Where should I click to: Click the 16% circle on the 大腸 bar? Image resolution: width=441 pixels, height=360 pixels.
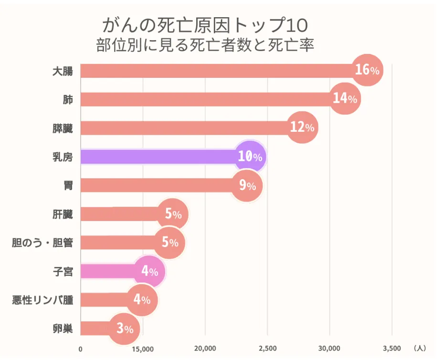(x=367, y=70)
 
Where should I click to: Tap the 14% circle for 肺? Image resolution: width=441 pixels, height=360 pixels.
(x=345, y=99)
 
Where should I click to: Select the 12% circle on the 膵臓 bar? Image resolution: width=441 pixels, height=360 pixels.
(x=302, y=127)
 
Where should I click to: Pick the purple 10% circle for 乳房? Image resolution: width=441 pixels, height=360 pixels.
(x=250, y=157)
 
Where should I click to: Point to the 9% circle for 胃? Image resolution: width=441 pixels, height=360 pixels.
(x=247, y=186)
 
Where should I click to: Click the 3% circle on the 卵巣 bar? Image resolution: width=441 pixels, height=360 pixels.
(x=124, y=329)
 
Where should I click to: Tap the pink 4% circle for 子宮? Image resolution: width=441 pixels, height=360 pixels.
(x=149, y=271)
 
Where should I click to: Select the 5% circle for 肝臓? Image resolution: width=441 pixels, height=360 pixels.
(x=173, y=214)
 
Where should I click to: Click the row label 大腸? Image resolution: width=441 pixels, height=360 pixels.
(x=63, y=71)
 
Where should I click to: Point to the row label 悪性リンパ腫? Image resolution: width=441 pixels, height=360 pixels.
(x=42, y=300)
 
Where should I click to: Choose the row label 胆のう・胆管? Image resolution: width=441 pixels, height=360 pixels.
(x=42, y=243)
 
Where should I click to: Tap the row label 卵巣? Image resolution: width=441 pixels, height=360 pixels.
(x=63, y=328)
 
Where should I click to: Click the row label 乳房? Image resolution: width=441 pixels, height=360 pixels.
(x=63, y=157)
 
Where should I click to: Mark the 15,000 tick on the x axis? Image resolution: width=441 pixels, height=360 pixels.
(x=143, y=349)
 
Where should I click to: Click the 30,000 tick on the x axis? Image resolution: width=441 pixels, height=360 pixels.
(x=329, y=349)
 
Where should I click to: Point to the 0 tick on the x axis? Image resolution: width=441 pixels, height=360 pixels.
(x=81, y=349)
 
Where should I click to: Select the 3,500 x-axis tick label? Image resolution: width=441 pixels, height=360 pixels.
(x=392, y=349)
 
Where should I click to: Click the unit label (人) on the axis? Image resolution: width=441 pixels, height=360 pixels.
(x=420, y=348)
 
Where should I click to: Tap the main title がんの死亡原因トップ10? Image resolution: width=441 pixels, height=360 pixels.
(x=205, y=25)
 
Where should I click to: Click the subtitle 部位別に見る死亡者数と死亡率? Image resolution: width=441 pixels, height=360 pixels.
(x=205, y=45)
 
